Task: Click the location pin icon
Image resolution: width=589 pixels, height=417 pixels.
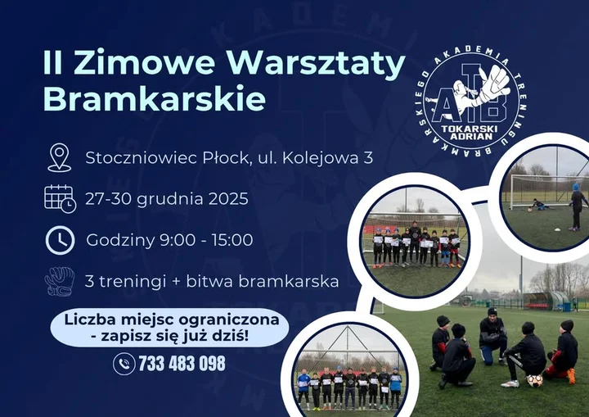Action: click(x=59, y=156)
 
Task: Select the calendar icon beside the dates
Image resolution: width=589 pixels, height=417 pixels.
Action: click(x=59, y=198)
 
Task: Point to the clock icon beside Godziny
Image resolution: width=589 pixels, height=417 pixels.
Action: click(x=59, y=240)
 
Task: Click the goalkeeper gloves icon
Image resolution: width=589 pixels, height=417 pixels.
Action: click(x=59, y=281)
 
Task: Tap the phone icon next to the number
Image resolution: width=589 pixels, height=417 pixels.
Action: click(x=124, y=363)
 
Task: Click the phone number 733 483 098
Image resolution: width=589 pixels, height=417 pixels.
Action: click(x=182, y=363)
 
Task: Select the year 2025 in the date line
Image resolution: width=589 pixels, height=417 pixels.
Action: click(x=228, y=198)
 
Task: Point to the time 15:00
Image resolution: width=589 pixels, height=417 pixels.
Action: click(x=232, y=240)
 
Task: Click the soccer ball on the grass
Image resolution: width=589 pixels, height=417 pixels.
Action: click(x=535, y=380)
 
